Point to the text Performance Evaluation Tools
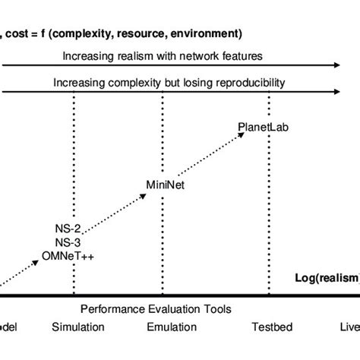point(156,309)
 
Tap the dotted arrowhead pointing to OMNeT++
point(39,261)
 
